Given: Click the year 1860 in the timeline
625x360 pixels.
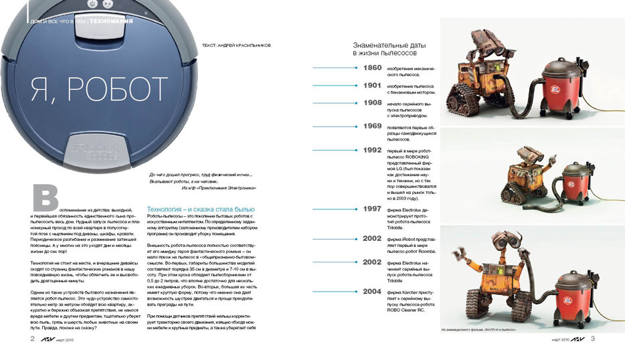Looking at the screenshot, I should [x=372, y=68].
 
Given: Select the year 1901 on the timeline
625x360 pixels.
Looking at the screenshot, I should [x=372, y=86].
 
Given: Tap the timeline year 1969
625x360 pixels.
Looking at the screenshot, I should [x=372, y=126].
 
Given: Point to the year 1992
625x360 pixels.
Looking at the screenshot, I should [x=372, y=151].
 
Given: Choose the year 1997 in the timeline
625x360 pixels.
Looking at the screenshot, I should [x=372, y=209].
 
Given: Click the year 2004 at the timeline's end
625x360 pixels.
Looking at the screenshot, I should [x=372, y=292].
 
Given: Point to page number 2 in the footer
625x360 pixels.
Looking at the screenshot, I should [x=32, y=339].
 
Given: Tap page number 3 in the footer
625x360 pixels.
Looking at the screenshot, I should [x=593, y=339].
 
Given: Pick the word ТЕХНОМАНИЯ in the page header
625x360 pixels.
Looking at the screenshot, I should [x=111, y=21].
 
